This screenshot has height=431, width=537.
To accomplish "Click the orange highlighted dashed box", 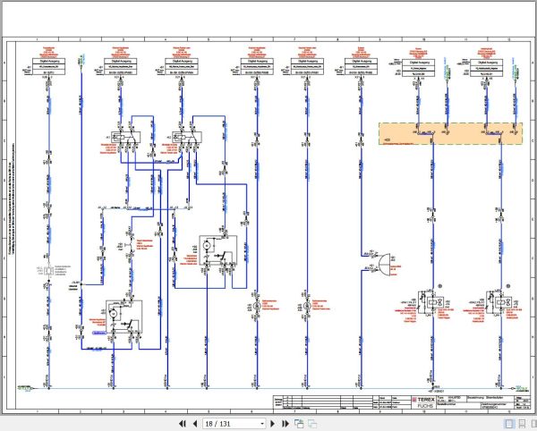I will point(450,133).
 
